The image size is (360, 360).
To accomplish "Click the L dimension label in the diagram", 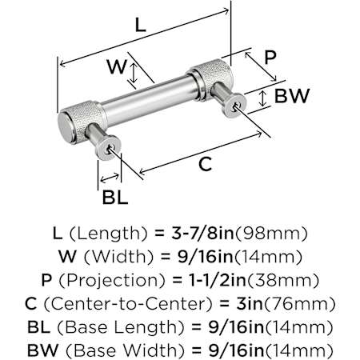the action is click(x=141, y=26).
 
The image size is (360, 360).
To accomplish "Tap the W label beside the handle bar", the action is click(x=117, y=66).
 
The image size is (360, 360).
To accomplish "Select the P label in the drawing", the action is click(x=270, y=57).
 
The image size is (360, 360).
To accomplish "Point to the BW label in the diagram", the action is click(x=292, y=96).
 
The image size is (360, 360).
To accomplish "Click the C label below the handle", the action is click(x=205, y=164).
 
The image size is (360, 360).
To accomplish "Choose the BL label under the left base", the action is click(x=115, y=198).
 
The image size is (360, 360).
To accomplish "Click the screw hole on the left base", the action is click(x=109, y=150).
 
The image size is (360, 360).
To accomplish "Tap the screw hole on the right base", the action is click(x=235, y=106).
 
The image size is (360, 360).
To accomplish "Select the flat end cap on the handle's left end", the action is click(x=66, y=127).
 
